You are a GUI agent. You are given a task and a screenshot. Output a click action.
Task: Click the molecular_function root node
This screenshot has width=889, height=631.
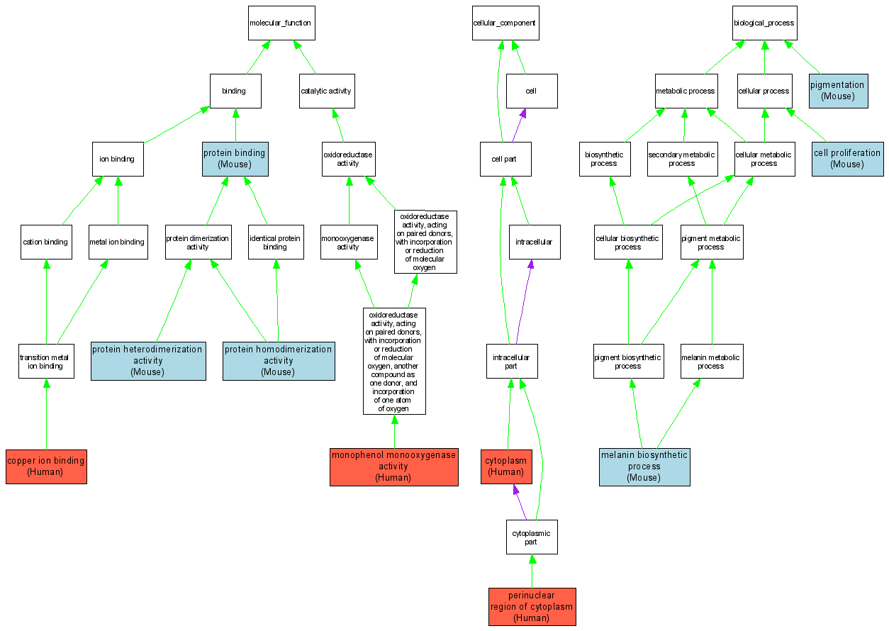pyautogui.click(x=280, y=23)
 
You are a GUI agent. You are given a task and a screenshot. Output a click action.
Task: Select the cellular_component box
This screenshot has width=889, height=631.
pyautogui.click(x=505, y=23)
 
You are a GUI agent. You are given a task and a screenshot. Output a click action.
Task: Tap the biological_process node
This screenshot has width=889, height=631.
pyautogui.click(x=764, y=23)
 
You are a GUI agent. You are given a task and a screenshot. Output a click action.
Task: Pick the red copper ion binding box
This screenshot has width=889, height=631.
pyautogui.click(x=46, y=467)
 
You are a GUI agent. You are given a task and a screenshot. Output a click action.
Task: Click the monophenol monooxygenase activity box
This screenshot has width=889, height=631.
pyautogui.click(x=393, y=467)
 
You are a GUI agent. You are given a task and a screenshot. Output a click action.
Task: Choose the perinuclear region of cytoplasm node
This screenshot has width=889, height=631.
pyautogui.click(x=532, y=607)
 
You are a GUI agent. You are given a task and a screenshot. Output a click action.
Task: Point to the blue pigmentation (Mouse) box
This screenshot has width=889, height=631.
pyautogui.click(x=837, y=90)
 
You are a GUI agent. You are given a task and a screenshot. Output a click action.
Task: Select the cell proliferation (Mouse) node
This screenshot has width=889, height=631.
pyautogui.click(x=847, y=158)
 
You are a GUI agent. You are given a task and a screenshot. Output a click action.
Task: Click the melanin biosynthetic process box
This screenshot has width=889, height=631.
pyautogui.click(x=644, y=467)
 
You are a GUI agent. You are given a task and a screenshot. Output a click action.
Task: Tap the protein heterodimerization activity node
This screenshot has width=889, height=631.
pyautogui.click(x=148, y=360)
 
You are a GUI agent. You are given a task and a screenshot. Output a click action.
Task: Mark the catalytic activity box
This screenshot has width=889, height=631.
pyautogui.click(x=326, y=91)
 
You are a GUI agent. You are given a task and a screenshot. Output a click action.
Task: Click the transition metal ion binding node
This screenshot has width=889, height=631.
pyautogui.click(x=46, y=362)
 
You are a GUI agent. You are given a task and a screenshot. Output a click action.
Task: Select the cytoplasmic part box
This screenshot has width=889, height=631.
pyautogui.click(x=532, y=537)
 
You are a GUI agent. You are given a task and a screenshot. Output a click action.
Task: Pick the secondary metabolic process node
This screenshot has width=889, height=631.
pyautogui.click(x=682, y=159)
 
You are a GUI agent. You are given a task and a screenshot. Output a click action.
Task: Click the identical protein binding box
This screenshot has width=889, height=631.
pyautogui.click(x=275, y=242)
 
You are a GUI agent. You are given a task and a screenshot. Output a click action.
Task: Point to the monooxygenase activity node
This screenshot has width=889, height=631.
pyautogui.click(x=348, y=242)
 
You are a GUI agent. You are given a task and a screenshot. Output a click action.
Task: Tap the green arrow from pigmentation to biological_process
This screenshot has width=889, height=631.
pyautogui.click(x=802, y=56)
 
